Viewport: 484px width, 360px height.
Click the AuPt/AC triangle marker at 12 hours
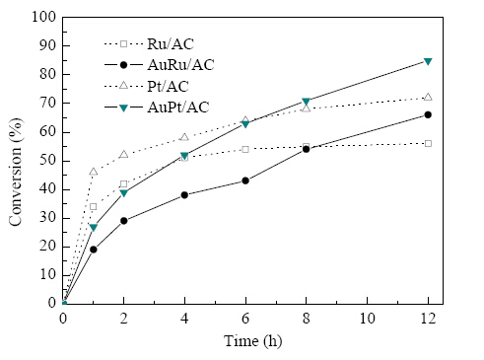coord(428,61)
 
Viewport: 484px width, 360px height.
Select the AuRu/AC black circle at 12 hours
coord(428,114)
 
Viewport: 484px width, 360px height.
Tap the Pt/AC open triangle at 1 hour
coord(94,172)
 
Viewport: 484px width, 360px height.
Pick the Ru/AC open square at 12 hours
coord(428,143)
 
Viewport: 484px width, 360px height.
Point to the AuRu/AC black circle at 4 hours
coord(184,195)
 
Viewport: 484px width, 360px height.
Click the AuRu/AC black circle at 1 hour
coord(94,250)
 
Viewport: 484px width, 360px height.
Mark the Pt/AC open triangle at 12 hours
coord(428,97)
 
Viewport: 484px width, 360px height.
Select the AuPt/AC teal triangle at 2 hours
coord(123,193)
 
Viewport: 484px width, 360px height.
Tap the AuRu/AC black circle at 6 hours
coord(245,180)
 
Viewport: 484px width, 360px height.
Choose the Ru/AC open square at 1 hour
coord(94,206)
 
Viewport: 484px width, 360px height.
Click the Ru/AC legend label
coord(171,44)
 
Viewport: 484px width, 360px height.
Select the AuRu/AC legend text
coord(180,65)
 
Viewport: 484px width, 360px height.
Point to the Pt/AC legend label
coord(168,86)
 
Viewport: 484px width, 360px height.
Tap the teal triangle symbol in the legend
coord(123,108)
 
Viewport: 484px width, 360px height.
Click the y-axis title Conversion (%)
coord(16,172)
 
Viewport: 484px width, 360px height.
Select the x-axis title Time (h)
coord(252,341)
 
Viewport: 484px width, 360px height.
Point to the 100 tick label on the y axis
coord(44,17)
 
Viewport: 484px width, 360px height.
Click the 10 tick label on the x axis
coord(367,319)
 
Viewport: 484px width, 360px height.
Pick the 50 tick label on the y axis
coord(48,161)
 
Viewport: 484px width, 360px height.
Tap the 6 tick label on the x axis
coord(245,319)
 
